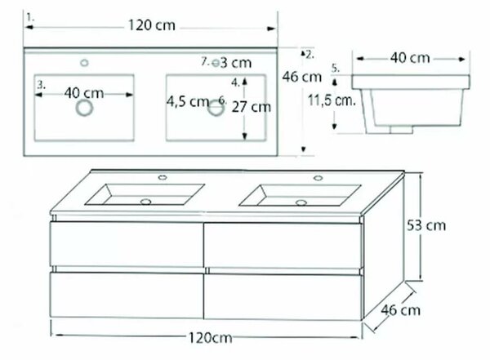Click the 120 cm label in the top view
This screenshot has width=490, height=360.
click(152, 25)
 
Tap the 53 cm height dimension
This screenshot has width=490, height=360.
click(426, 225)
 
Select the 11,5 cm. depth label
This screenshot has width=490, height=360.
click(332, 100)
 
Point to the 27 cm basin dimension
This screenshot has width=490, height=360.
click(252, 107)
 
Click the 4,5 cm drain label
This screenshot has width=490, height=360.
click(188, 101)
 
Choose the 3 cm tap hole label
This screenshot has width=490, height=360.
click(236, 63)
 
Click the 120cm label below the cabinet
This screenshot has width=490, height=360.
click(211, 338)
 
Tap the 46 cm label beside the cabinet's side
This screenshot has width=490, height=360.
click(401, 310)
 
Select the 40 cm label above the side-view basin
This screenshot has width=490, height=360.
click(410, 58)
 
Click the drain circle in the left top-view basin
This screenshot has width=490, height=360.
click(84, 108)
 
